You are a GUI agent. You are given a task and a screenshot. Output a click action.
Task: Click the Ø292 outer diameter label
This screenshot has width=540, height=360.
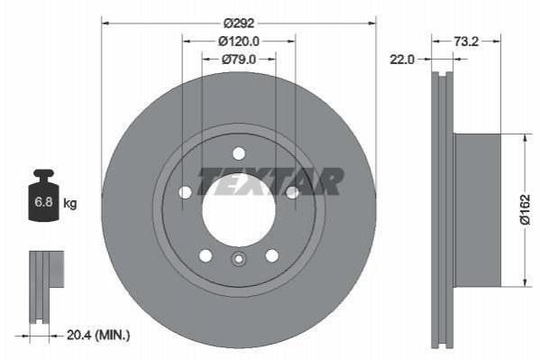[x=239, y=23]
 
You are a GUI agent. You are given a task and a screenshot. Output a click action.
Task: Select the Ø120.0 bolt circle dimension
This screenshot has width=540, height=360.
[x=239, y=42]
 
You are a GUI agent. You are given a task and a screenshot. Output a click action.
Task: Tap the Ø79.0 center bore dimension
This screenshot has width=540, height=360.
[x=239, y=60]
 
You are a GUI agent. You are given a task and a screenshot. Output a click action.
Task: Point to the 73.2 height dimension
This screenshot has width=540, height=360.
[x=466, y=42]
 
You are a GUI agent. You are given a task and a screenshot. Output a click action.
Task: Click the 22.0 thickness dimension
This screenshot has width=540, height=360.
[x=402, y=60]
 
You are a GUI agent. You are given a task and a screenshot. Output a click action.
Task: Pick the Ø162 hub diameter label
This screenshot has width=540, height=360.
[x=526, y=209]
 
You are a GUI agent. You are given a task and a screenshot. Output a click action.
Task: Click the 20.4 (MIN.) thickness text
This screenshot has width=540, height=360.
[x=98, y=335]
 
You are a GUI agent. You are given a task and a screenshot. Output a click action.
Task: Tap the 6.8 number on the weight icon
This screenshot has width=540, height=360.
[x=43, y=202]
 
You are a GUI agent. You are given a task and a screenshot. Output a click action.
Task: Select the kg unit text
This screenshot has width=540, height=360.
[x=70, y=203]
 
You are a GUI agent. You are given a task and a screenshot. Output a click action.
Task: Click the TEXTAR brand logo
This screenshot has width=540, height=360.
[x=270, y=181]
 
